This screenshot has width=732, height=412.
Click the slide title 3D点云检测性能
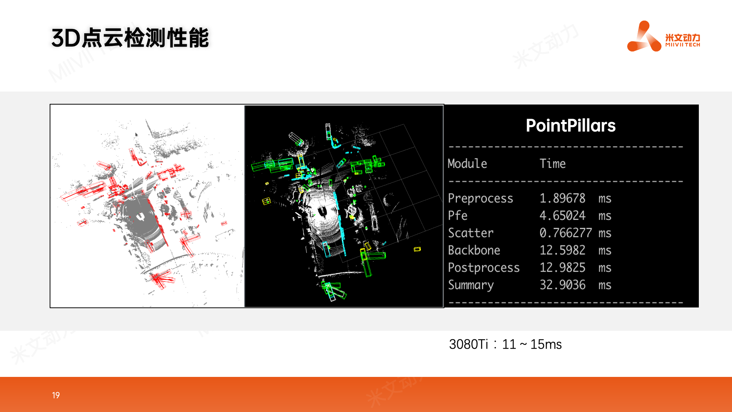point(130,38)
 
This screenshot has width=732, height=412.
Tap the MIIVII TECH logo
point(664,36)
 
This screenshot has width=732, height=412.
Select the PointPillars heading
point(571,126)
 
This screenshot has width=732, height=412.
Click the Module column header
point(467,164)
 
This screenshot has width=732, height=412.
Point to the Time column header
point(552,164)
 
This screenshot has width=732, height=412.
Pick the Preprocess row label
point(480,198)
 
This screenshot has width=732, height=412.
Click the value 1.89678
point(562,198)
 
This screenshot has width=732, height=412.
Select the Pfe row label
point(457,216)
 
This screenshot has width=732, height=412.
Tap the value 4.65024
point(562,216)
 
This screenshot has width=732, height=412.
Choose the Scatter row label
point(470,233)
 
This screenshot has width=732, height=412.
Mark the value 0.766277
point(566,233)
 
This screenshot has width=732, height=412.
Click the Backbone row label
point(474,250)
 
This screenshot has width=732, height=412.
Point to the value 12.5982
point(562,250)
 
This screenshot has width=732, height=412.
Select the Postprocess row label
point(484,268)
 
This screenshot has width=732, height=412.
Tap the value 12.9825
point(562,267)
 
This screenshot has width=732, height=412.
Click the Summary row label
point(471,285)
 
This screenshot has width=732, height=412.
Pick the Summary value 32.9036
point(562,285)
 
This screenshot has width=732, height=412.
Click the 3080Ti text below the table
point(469,344)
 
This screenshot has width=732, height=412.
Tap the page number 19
point(56,395)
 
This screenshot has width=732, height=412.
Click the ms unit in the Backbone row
point(605,251)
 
